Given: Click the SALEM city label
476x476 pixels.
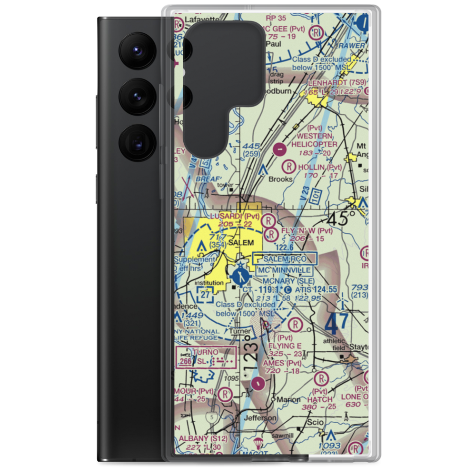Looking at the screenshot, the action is tap(240, 243).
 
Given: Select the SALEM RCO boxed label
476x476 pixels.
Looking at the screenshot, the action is tap(286, 258).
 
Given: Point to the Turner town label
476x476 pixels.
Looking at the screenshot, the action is tap(238, 331).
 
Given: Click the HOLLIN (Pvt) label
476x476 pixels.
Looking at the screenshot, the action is tap(319, 168).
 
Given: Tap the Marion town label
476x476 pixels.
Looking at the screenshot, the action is tap(288, 400).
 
